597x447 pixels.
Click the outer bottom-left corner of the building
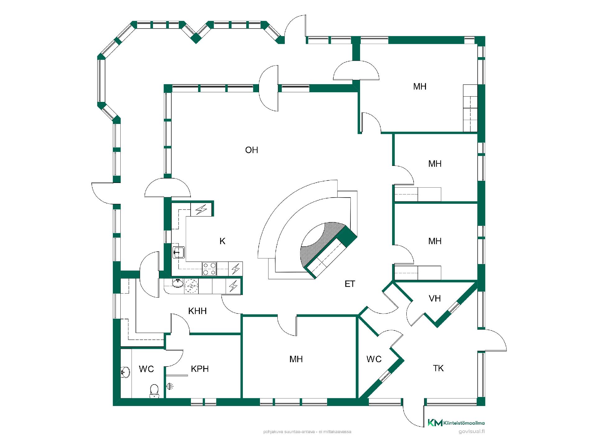tap(113, 406)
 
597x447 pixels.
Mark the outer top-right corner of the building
tap(485, 36)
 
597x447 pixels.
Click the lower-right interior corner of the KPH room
tap(240, 398)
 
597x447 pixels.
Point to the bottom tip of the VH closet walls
tap(437, 327)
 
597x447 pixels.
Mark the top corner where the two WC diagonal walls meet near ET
tap(359, 316)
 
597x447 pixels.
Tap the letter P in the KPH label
tap(200, 369)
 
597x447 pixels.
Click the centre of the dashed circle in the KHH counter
tap(191, 286)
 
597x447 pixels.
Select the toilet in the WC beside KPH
tap(154, 391)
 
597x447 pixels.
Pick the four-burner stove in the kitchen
tap(209, 269)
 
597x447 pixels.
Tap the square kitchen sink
tap(178, 252)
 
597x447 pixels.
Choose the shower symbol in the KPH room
tap(170, 386)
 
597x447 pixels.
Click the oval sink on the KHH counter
tap(178, 283)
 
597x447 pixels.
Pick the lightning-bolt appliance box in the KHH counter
tap(233, 286)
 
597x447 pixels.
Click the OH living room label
tap(252, 150)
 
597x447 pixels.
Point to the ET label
tap(350, 284)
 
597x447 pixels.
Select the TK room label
tap(438, 368)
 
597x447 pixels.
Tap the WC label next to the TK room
tap(374, 359)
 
